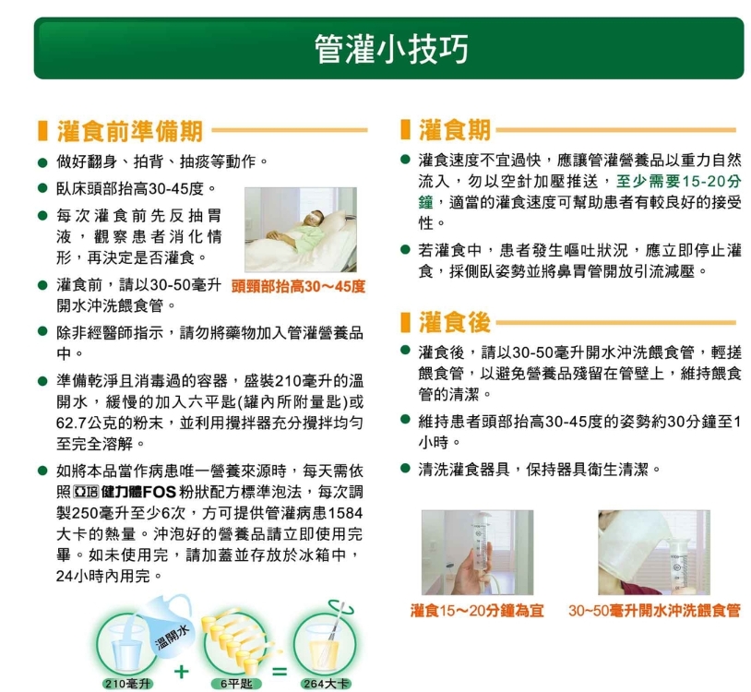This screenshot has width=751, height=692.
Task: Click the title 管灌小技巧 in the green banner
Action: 391,49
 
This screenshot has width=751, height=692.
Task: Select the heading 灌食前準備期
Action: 130,131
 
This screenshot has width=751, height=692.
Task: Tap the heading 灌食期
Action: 455,130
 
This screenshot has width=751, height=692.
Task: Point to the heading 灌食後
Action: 455,322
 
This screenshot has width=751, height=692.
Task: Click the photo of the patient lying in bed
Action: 300,230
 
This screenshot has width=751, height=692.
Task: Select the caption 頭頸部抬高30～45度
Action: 298,287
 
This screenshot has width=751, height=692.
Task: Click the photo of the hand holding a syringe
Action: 477,552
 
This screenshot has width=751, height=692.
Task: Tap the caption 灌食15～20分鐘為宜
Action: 477,611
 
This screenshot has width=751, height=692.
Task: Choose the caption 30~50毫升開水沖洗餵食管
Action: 654,611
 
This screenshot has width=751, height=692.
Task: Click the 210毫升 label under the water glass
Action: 127,684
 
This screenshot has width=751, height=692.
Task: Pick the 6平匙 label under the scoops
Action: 236,684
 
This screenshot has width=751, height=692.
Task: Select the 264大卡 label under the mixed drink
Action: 326,684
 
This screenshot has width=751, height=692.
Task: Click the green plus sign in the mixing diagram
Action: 181,672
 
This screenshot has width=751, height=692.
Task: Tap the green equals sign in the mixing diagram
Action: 280,672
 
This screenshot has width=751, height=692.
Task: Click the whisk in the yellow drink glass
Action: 335,631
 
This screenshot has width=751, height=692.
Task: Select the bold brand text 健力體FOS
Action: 139,492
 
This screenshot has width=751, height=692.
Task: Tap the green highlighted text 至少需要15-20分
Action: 678,182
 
